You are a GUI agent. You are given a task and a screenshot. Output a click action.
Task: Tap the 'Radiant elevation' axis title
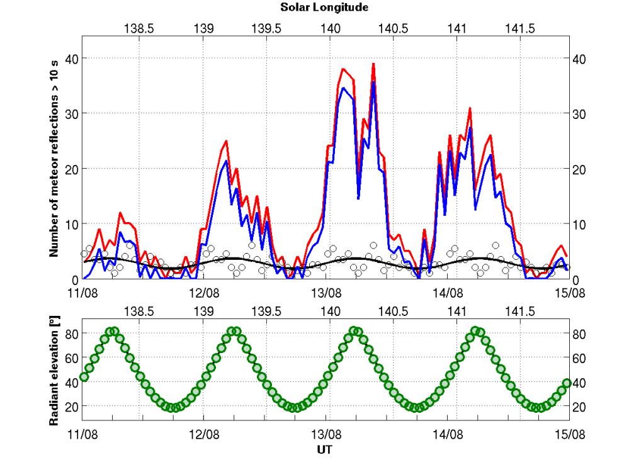click(55, 371)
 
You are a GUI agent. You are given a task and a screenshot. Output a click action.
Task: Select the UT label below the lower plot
click(324, 451)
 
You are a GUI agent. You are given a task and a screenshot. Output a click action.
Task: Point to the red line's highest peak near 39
click(373, 64)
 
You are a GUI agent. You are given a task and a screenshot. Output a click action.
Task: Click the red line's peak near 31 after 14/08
click(470, 108)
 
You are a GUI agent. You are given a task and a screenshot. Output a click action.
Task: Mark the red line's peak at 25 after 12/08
click(225, 141)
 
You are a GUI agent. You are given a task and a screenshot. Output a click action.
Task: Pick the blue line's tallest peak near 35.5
click(373, 82)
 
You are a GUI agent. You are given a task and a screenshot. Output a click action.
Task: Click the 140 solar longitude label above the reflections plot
click(331, 29)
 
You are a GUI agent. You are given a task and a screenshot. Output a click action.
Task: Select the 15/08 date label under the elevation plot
click(569, 434)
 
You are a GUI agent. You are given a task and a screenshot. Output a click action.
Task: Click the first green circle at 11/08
click(84, 377)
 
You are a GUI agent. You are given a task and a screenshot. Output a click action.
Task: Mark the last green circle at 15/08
click(567, 383)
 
